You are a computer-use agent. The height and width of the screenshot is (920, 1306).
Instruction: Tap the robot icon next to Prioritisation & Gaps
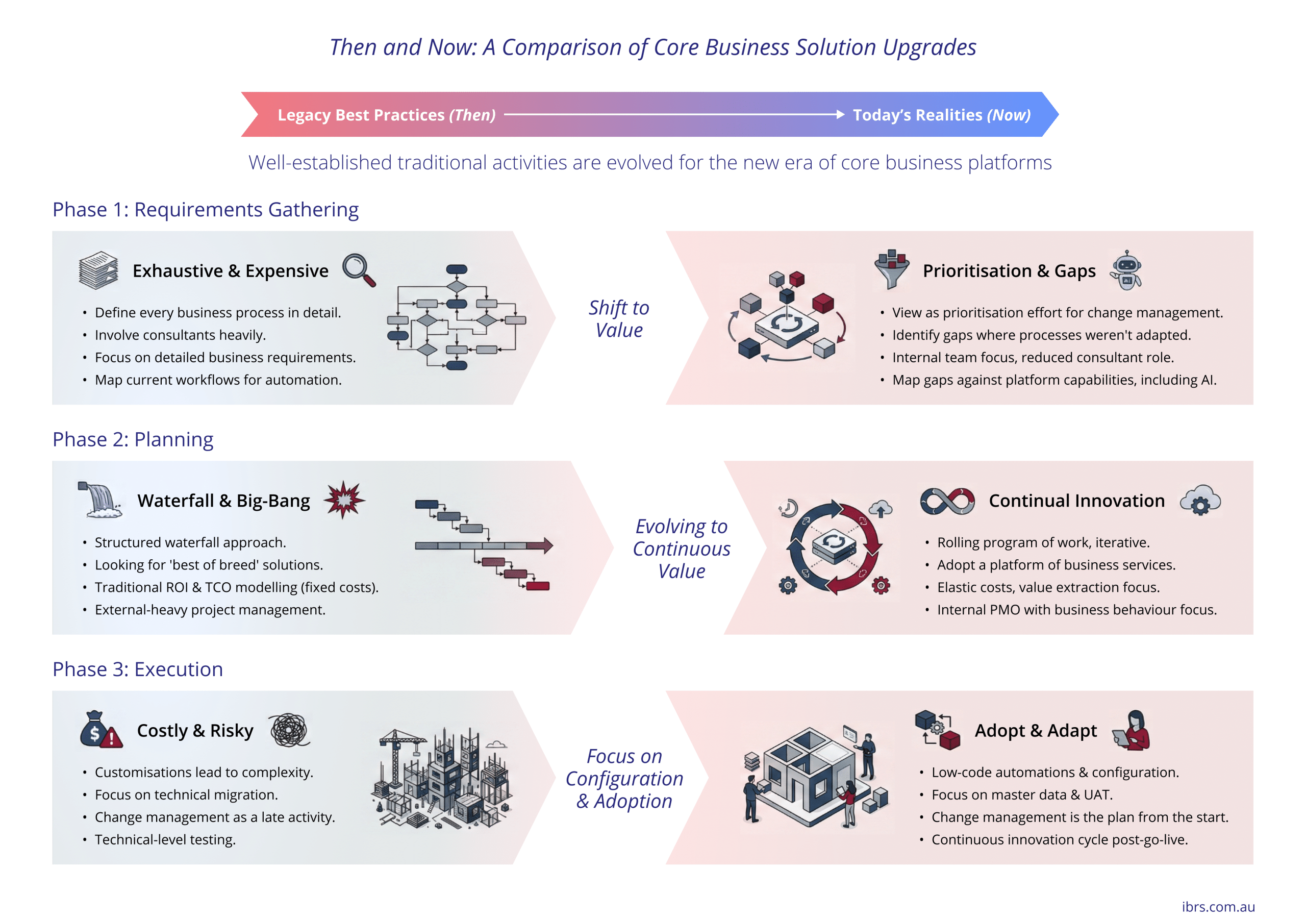[x=1126, y=270]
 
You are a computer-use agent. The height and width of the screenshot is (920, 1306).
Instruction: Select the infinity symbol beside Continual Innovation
[x=947, y=501]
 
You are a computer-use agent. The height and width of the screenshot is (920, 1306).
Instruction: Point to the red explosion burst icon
[x=343, y=500]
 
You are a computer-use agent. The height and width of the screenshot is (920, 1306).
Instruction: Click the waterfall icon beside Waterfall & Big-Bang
[x=100, y=500]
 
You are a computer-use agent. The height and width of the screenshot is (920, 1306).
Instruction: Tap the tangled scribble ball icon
[x=289, y=730]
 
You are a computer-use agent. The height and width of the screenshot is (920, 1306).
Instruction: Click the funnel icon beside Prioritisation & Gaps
[x=891, y=268]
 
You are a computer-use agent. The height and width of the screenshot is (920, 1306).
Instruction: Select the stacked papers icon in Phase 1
[x=98, y=270]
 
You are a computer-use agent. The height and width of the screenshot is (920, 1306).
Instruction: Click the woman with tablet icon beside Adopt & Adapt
[x=1132, y=730]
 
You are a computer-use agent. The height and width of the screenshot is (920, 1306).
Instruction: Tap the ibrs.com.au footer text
[x=1218, y=906]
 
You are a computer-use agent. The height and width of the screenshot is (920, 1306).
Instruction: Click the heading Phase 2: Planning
[x=133, y=439]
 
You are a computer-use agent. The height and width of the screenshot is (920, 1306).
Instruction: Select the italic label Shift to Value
[x=619, y=318]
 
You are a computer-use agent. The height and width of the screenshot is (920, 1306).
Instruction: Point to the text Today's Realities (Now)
[x=941, y=115]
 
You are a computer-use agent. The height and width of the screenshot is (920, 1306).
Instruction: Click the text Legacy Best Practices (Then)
[x=386, y=115]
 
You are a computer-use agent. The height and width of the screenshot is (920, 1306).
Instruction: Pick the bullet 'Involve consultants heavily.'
[x=180, y=335]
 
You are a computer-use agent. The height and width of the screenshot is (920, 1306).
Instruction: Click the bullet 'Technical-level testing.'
[x=165, y=839]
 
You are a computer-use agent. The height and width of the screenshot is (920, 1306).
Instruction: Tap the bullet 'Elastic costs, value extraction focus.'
[x=1048, y=587]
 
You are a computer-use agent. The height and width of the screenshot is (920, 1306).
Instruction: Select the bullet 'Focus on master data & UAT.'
[x=1022, y=794]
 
